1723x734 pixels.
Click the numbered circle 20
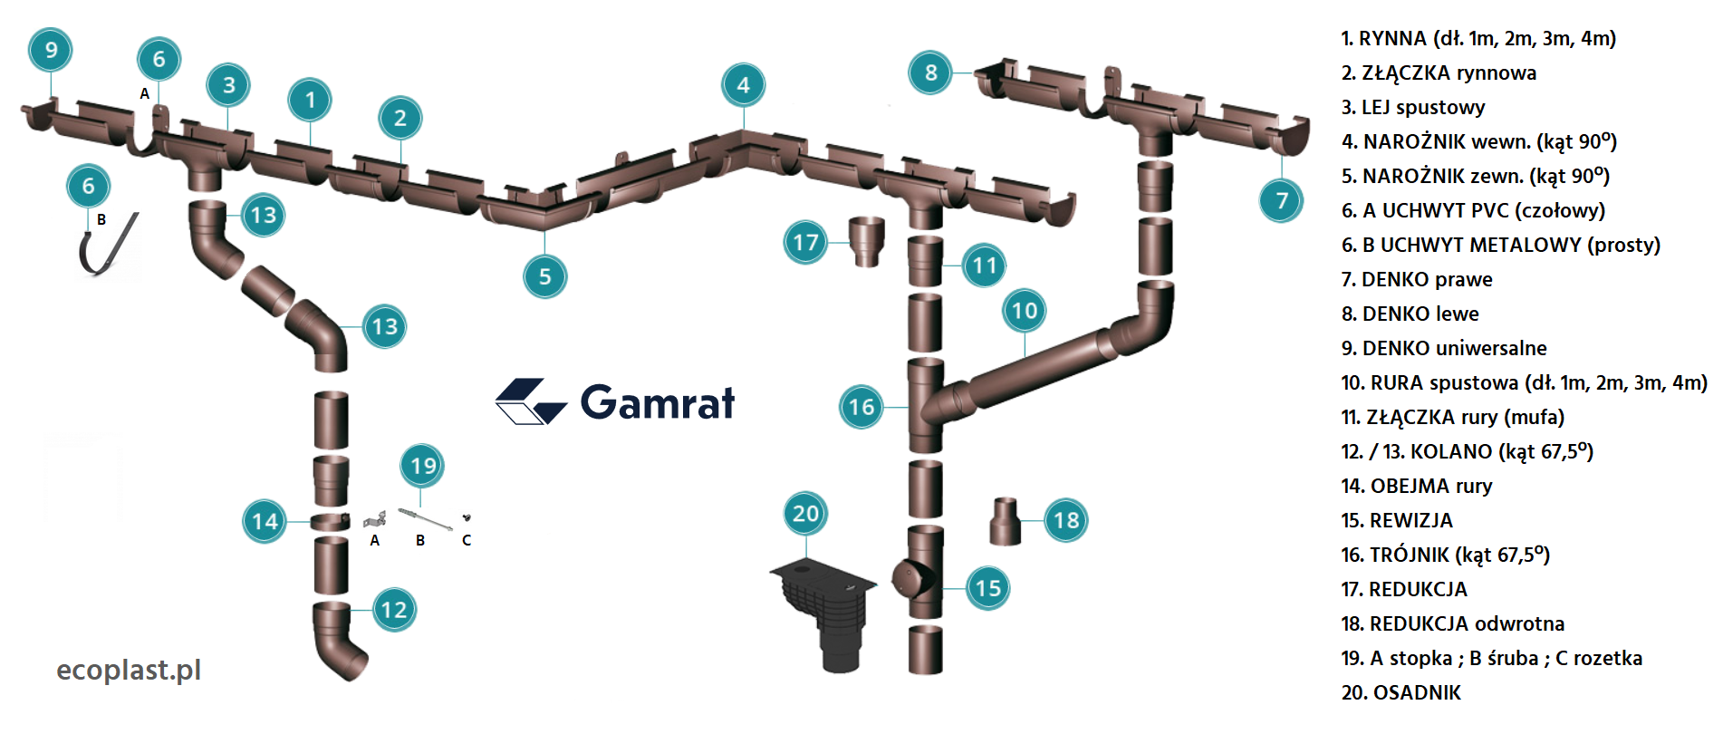point(805,514)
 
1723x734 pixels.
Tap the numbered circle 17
point(805,242)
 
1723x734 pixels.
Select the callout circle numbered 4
point(743,85)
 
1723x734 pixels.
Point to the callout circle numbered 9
point(51,50)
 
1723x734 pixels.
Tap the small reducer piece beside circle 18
point(1005,521)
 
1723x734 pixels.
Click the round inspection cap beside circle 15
point(909,577)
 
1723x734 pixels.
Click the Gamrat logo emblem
point(530,401)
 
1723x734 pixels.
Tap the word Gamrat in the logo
point(658,402)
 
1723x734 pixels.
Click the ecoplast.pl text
point(129,670)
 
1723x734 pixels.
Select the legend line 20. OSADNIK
point(1401,692)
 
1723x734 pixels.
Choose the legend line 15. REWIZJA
point(1396,520)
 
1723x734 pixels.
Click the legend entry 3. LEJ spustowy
point(1412,107)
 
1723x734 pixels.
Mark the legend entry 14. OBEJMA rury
point(1416,486)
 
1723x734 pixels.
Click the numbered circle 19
point(423,466)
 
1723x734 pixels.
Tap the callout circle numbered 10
point(1024,311)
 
